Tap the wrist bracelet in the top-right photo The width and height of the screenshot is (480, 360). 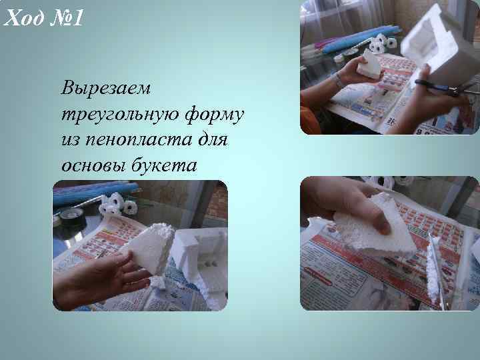(340, 80)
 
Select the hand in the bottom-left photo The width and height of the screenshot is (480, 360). (93, 277)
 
